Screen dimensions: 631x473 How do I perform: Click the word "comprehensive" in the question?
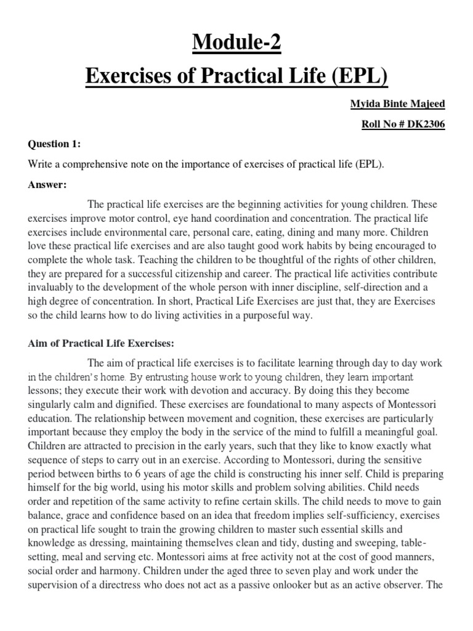[88, 164]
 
